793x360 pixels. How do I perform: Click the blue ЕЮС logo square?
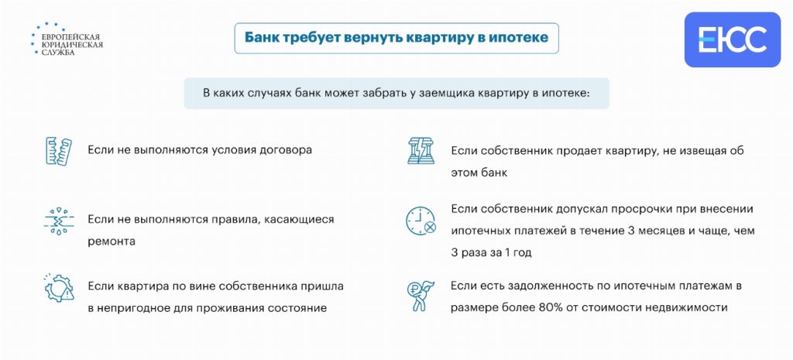pyautogui.click(x=732, y=39)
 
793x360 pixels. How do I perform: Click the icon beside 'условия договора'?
pyautogui.click(x=59, y=150)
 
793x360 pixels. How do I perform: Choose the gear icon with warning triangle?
pyautogui.click(x=59, y=286)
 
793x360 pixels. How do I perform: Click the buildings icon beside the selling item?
pyautogui.click(x=421, y=150)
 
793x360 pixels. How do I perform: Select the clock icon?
pyautogui.click(x=421, y=221)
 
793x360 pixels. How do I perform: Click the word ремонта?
pyautogui.click(x=112, y=242)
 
